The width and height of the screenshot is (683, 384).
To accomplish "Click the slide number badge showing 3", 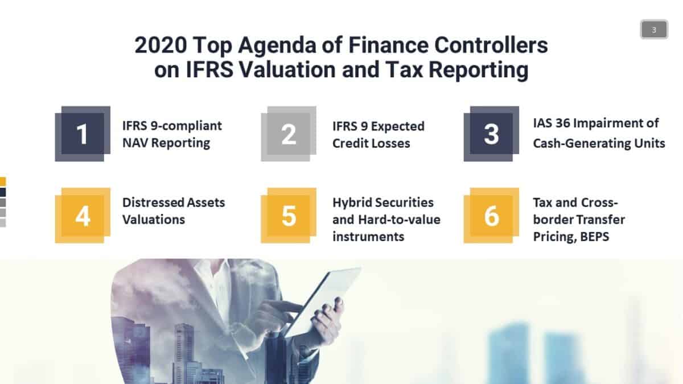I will (x=654, y=30).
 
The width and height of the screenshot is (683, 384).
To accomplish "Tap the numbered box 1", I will (x=83, y=134).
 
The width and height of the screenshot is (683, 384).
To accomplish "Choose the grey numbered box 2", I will (x=289, y=134).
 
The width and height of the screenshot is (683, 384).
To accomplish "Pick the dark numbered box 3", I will (x=491, y=134).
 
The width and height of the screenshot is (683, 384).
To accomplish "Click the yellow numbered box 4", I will (x=83, y=216).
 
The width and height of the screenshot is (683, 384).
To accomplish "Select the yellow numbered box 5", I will (x=289, y=216).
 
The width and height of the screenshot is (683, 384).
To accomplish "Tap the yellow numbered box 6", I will (x=491, y=216).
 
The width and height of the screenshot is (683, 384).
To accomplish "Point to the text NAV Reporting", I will (x=166, y=143).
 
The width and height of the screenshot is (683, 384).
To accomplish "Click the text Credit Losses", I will (x=371, y=143).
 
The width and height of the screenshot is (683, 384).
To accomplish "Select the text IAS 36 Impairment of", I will (x=595, y=123).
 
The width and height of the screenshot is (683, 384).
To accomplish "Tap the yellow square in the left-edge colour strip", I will (x=3, y=181).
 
